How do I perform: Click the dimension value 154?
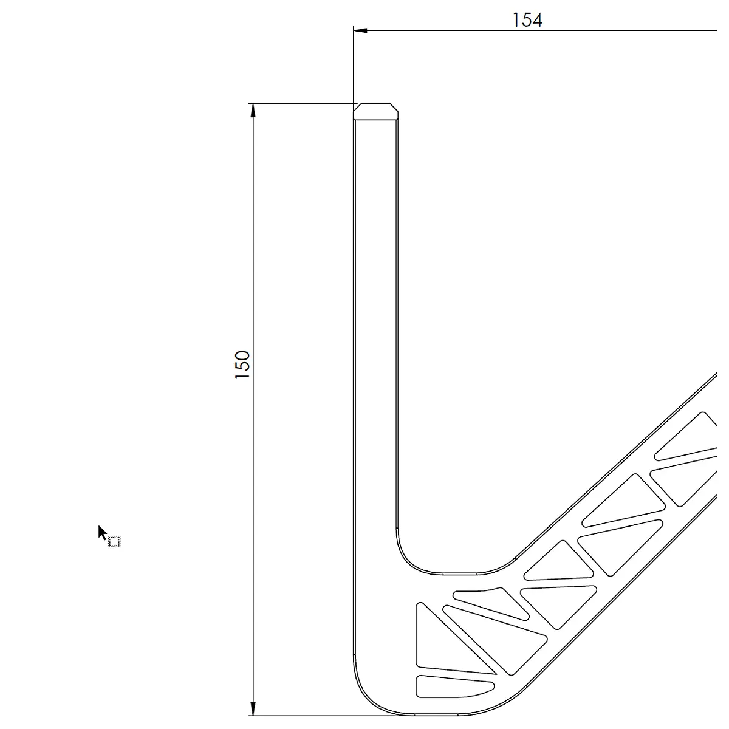pyautogui.click(x=527, y=20)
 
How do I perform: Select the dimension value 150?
pyautogui.click(x=242, y=364)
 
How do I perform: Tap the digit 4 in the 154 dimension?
pyautogui.click(x=537, y=20)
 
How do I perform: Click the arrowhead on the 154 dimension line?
pyautogui.click(x=360, y=30)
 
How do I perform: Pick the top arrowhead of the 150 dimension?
pyautogui.click(x=253, y=111)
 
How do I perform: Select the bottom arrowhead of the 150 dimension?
pyautogui.click(x=253, y=708)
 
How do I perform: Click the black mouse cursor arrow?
pyautogui.click(x=102, y=533)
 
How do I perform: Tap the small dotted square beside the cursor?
pyautogui.click(x=114, y=542)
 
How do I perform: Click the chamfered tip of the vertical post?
pyautogui.click(x=375, y=111)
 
